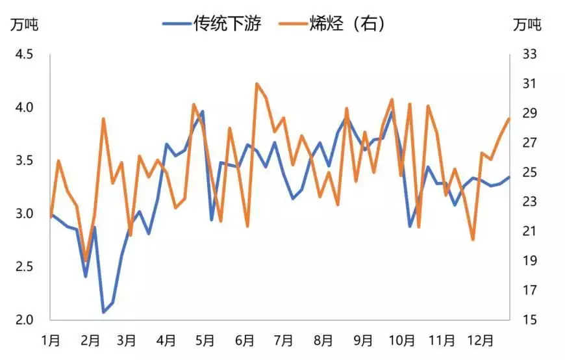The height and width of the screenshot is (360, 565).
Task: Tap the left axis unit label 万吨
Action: click(x=24, y=25)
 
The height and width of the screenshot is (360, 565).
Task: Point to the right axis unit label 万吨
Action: click(x=526, y=25)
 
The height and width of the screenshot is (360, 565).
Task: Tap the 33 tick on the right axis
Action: click(x=530, y=54)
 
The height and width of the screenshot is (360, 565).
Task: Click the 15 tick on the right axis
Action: click(x=530, y=320)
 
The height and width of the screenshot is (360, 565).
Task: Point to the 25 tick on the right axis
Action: click(x=530, y=172)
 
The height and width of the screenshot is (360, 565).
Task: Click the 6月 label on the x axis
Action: click(x=244, y=341)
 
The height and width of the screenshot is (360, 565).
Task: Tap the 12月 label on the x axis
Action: click(x=481, y=341)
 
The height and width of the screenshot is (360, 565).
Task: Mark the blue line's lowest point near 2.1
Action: click(x=103, y=313)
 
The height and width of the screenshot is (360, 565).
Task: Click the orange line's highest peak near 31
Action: click(x=257, y=84)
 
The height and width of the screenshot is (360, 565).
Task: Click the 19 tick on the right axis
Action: click(x=530, y=261)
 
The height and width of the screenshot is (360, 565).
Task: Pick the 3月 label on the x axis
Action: click(x=127, y=341)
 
